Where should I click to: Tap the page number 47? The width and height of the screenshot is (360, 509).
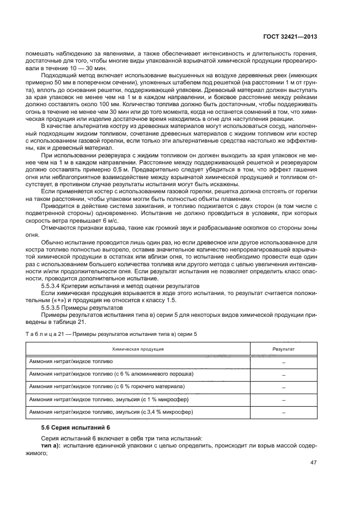point(313,463)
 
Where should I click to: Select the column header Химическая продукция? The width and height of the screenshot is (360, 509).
point(138,348)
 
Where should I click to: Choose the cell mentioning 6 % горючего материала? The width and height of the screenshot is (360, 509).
point(107,386)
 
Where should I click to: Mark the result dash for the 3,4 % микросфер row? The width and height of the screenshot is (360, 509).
point(284,412)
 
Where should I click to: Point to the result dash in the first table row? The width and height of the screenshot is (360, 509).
point(284,362)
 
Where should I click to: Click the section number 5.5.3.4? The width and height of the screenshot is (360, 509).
point(53,286)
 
